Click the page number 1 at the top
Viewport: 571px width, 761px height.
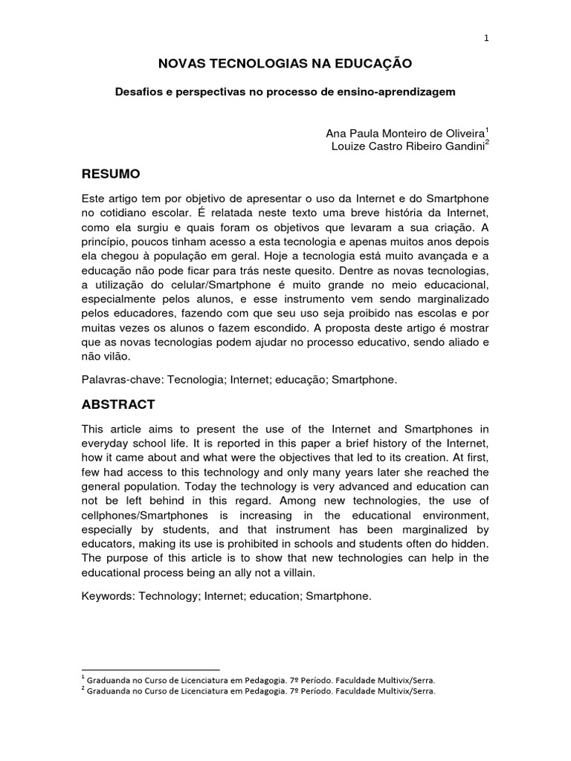485,39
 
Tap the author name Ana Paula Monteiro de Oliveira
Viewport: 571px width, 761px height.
404,133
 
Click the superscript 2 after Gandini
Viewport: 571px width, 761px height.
487,143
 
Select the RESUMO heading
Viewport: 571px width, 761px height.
110,174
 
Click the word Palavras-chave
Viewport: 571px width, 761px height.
122,379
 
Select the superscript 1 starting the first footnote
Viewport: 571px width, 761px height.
82,676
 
